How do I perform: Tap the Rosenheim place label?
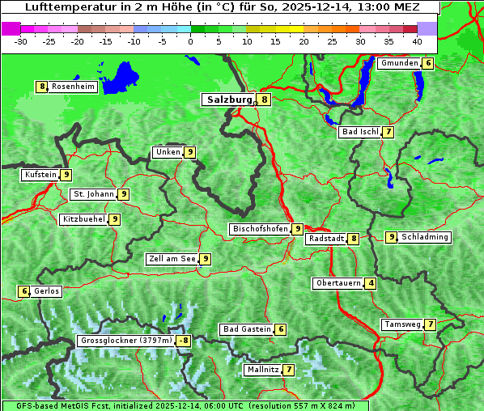[73, 87]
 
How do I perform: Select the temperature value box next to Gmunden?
[428, 63]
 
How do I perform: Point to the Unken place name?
[168, 152]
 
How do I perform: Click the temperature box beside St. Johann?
[123, 194]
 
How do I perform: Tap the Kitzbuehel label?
[83, 219]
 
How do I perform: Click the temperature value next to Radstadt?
[353, 239]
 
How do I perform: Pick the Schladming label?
[425, 237]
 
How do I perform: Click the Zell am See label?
[172, 259]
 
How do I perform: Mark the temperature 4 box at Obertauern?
[370, 283]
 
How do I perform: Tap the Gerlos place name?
[47, 291]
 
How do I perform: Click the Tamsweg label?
[402, 324]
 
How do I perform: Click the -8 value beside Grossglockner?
[184, 341]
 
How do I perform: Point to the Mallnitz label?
[262, 370]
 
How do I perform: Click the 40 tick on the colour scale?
[417, 40]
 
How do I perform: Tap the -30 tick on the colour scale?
[21, 40]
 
